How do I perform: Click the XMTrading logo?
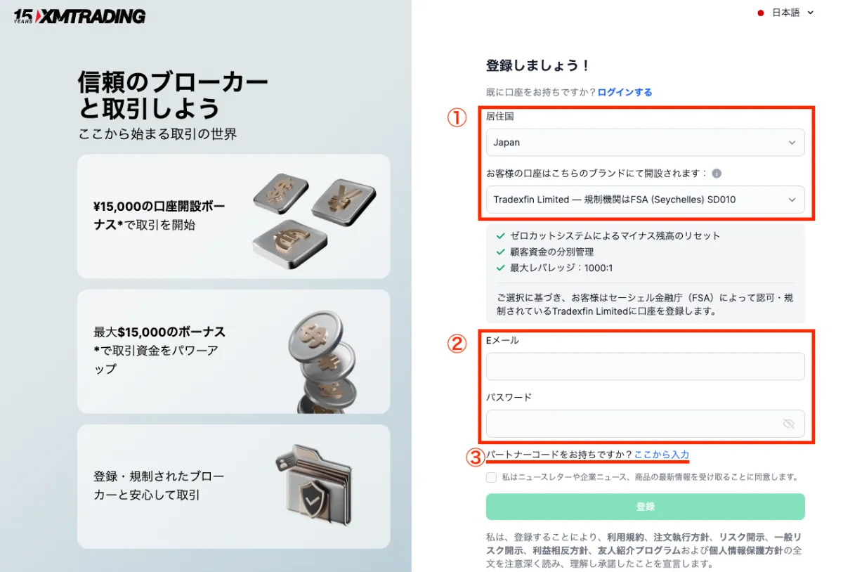click(x=79, y=16)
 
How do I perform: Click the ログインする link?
click(x=625, y=92)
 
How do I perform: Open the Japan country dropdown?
click(x=645, y=143)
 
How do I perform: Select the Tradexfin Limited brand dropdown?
click(x=645, y=200)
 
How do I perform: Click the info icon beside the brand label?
click(x=717, y=174)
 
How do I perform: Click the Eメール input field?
click(x=645, y=366)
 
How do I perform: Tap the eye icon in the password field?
click(x=788, y=424)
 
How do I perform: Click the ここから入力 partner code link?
click(x=661, y=455)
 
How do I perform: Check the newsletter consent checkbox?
click(x=492, y=477)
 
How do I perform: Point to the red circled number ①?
click(x=457, y=118)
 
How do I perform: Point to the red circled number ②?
click(x=457, y=344)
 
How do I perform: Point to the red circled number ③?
click(x=476, y=457)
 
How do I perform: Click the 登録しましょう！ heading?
click(x=537, y=65)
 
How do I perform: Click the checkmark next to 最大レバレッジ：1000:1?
click(x=501, y=268)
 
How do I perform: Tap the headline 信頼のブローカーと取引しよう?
click(x=173, y=96)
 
